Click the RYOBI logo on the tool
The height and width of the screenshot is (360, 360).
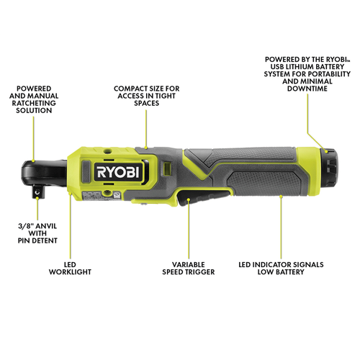pos(118,171)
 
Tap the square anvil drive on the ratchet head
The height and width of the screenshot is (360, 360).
pos(37,192)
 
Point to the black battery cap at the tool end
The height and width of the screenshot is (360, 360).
pos(329,167)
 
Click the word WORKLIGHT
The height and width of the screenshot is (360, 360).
pos(70,272)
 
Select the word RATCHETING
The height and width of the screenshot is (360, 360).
pos(34,103)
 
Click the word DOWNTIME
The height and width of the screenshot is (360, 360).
pos(307,89)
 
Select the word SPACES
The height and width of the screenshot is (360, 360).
pos(147,103)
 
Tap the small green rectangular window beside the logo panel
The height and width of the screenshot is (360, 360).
pos(167,168)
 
